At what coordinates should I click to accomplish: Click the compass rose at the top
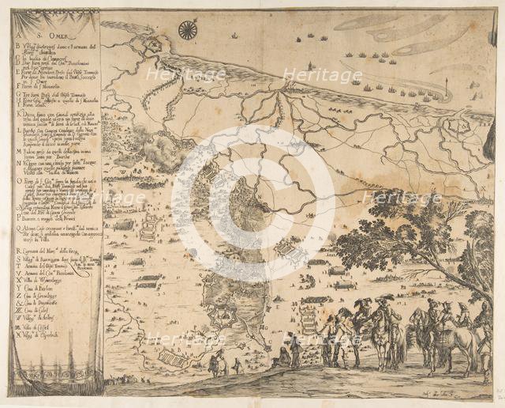[188, 30]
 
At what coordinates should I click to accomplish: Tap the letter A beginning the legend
[18, 21]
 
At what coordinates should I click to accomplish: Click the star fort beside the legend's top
[153, 46]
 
